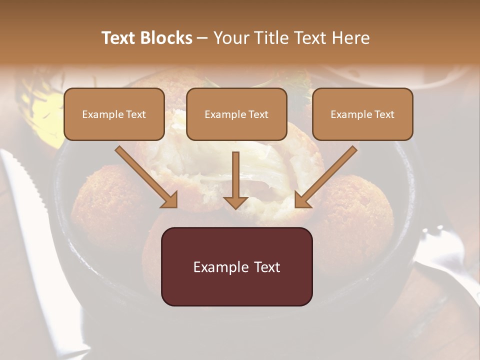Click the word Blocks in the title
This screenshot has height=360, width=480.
(x=167, y=38)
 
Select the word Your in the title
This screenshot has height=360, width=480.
(x=229, y=38)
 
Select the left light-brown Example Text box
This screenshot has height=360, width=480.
(x=114, y=114)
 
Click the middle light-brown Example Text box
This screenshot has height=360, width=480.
(x=236, y=114)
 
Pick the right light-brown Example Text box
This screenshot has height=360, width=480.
(x=362, y=114)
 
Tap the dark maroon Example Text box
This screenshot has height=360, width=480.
(x=236, y=267)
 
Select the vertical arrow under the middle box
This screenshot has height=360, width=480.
(x=236, y=175)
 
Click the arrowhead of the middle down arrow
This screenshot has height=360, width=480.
(x=236, y=202)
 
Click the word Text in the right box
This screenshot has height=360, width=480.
(x=384, y=114)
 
